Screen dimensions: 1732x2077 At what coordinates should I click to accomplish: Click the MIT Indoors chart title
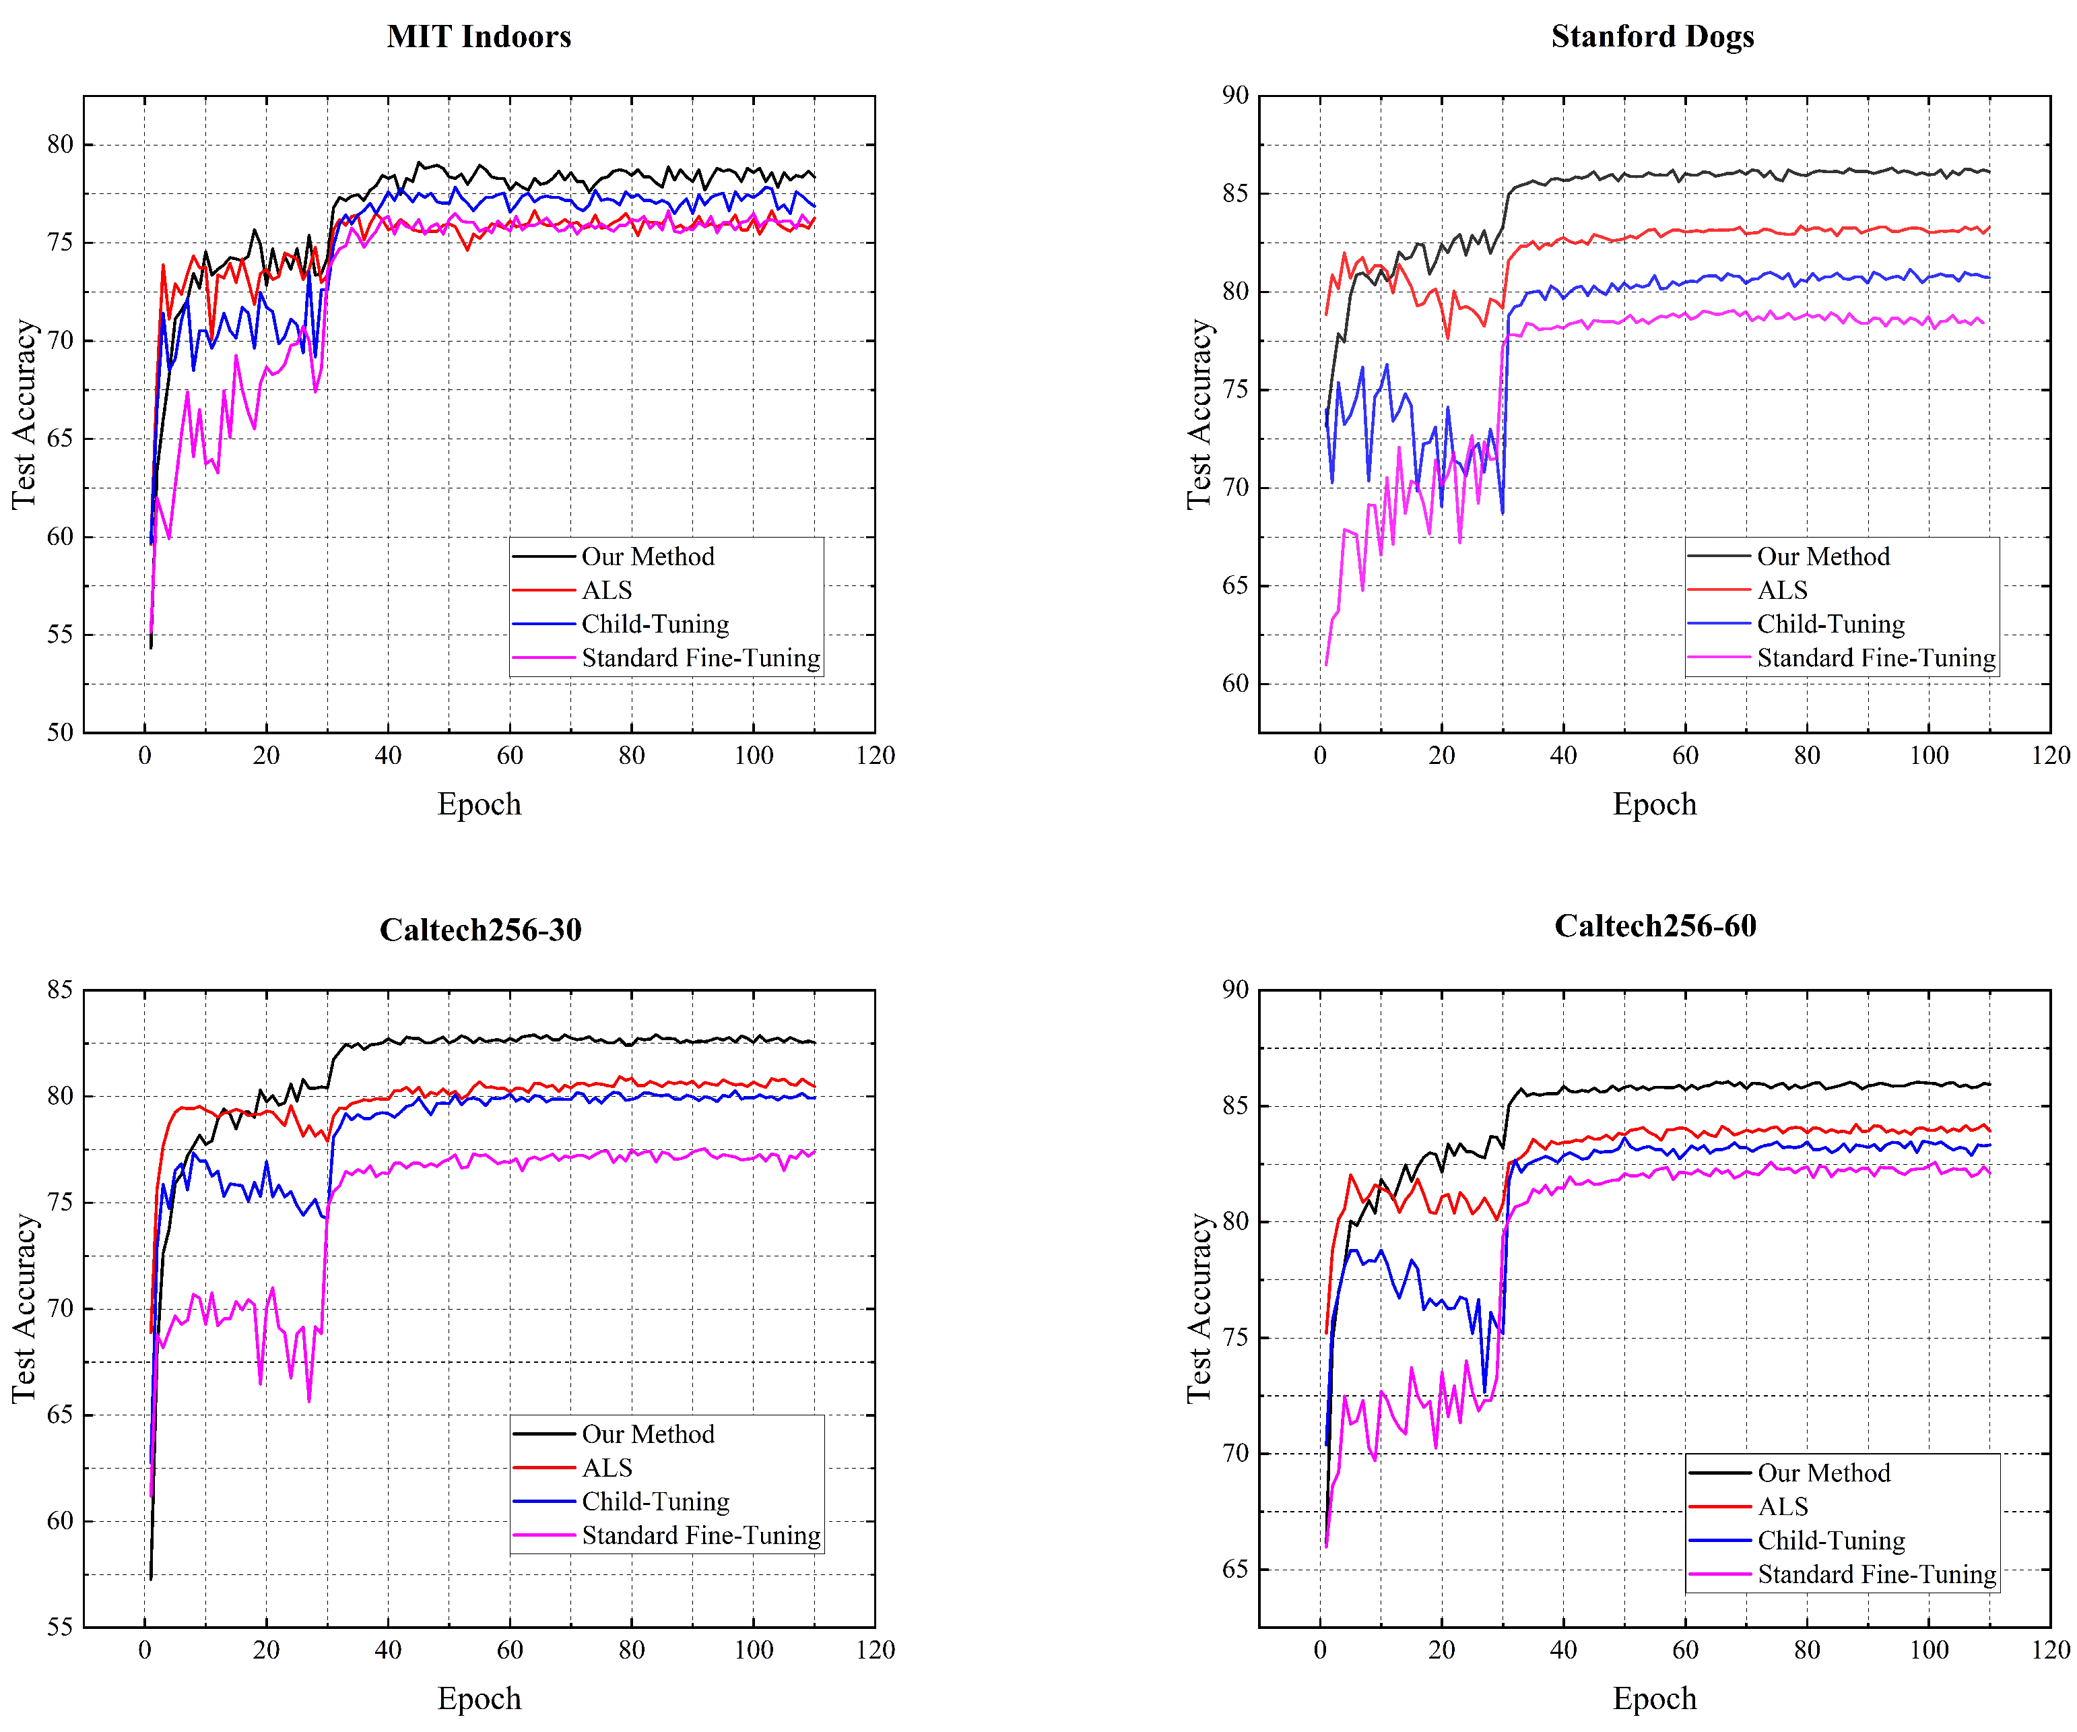(x=479, y=36)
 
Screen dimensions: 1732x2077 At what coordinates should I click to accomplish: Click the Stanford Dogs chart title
(x=1652, y=36)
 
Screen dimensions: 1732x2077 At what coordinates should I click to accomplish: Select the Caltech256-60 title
(x=1655, y=926)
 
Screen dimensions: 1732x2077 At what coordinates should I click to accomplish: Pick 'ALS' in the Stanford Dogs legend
(x=1781, y=591)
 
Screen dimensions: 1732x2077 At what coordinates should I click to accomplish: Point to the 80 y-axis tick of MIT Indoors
(x=61, y=144)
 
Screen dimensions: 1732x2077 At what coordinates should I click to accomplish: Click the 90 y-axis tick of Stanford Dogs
(x=1234, y=96)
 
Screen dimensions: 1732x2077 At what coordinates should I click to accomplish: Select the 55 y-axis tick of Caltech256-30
(x=61, y=1627)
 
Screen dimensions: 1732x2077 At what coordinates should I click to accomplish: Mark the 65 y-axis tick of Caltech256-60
(x=1234, y=1569)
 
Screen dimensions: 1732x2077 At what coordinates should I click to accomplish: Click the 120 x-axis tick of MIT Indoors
(x=876, y=756)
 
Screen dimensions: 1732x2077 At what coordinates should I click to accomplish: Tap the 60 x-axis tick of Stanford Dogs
(x=1684, y=756)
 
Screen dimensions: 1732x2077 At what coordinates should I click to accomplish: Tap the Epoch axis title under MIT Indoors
(x=479, y=804)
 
